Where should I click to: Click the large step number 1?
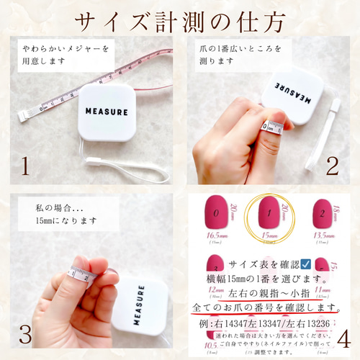click(x=24, y=166)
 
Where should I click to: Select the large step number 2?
click(x=332, y=166)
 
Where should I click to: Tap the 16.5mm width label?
click(x=215, y=235)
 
